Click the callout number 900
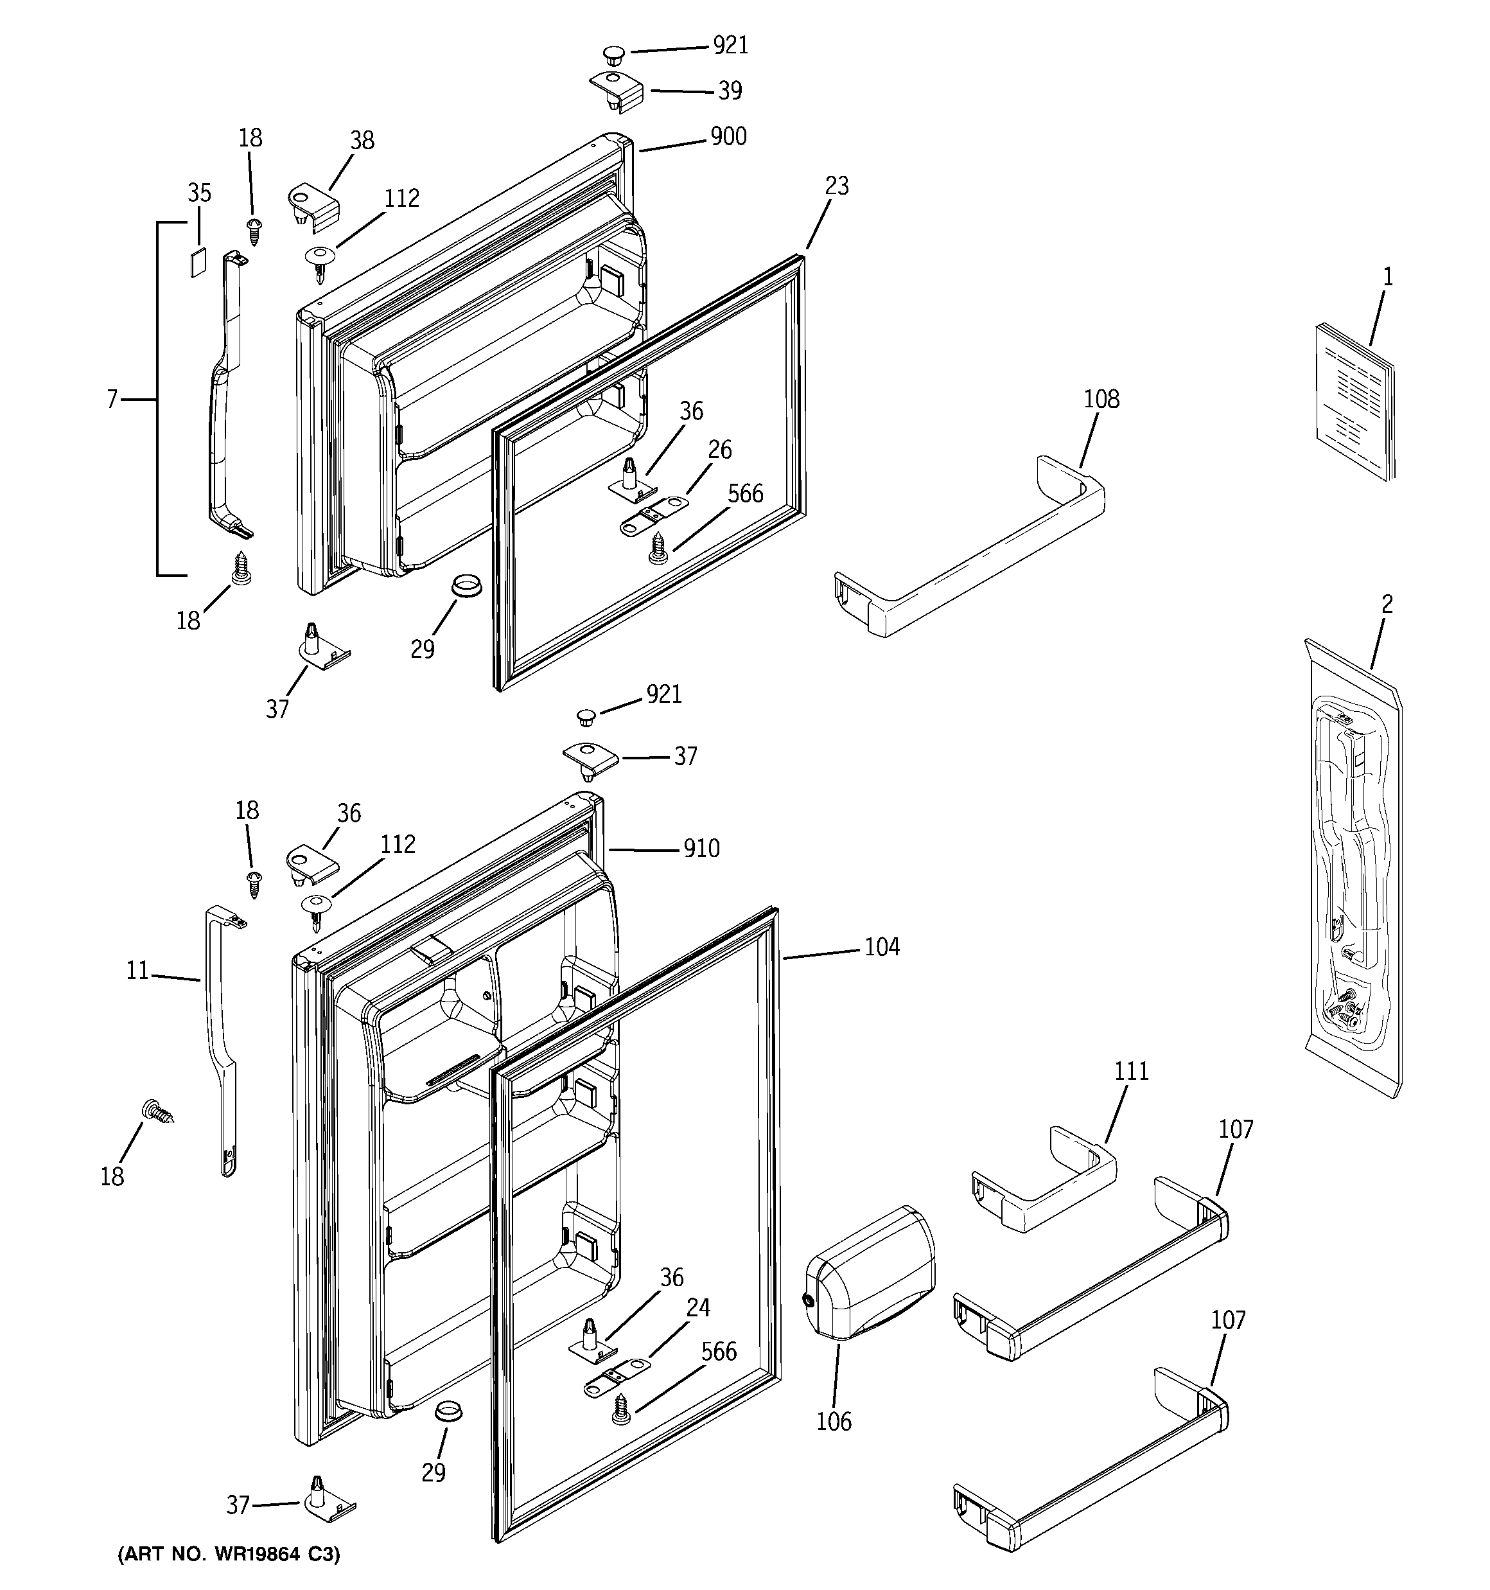728,137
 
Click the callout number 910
701,849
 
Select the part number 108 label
1101,399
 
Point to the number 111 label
1131,1071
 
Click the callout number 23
837,186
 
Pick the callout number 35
199,193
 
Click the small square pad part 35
198,261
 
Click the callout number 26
719,450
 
